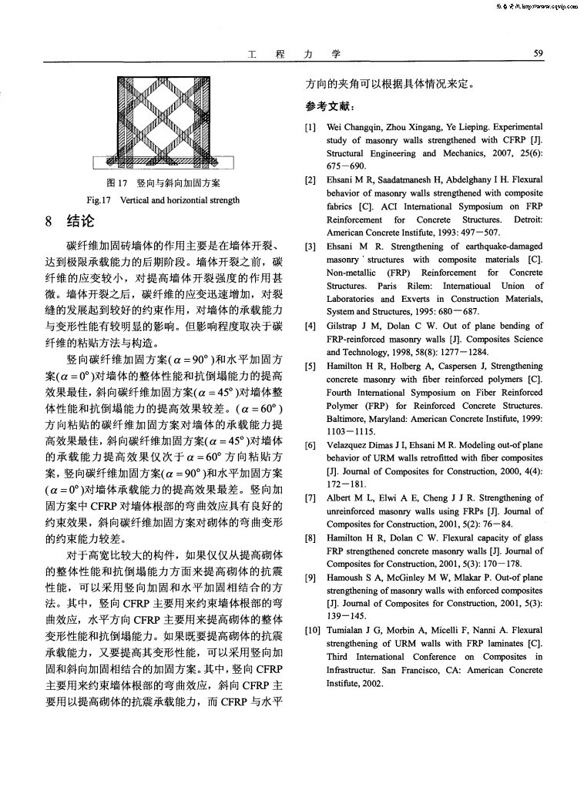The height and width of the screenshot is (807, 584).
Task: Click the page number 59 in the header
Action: click(539, 54)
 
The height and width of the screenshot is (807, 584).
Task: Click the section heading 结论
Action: click(79, 222)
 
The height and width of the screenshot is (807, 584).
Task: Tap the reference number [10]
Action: click(311, 631)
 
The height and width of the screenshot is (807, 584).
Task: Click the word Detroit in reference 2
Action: click(525, 219)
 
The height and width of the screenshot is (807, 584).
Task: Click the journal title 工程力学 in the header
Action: click(296, 54)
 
